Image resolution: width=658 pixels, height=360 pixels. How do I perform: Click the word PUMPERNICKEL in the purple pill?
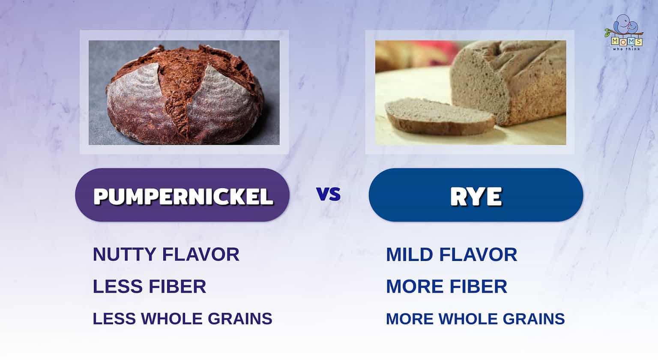click(x=183, y=196)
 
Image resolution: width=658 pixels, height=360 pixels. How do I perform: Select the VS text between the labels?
click(x=329, y=194)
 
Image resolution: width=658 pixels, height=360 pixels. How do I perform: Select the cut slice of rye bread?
click(x=437, y=115)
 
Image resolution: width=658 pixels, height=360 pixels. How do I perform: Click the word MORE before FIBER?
click(x=411, y=287)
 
